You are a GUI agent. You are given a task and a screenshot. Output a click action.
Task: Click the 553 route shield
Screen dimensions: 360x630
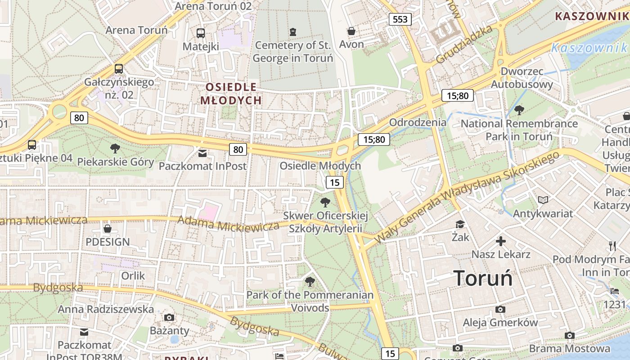click(x=400, y=19)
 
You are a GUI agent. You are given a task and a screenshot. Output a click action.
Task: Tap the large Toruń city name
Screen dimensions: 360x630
click(x=483, y=278)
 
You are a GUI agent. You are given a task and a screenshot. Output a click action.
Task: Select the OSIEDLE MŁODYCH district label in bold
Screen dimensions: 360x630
click(x=231, y=94)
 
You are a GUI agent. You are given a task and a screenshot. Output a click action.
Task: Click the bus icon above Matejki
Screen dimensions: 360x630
click(x=201, y=33)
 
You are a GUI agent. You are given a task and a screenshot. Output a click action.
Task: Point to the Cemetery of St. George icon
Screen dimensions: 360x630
click(x=293, y=31)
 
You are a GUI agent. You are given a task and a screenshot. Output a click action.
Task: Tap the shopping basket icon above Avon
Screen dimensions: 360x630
click(x=351, y=31)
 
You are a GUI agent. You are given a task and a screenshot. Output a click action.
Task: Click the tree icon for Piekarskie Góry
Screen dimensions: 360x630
click(x=115, y=148)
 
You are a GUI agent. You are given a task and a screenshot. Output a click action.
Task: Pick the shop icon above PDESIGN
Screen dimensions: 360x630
click(x=108, y=229)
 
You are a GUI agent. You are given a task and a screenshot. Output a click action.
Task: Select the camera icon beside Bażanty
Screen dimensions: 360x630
click(x=169, y=318)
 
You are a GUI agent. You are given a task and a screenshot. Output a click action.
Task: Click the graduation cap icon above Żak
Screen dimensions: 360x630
click(x=460, y=224)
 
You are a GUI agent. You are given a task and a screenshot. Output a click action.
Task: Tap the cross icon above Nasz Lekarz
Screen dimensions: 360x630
click(x=501, y=241)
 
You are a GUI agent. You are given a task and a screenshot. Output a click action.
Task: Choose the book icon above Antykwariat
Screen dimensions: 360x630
click(x=543, y=200)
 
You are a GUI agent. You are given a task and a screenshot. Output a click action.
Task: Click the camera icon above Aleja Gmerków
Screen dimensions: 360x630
click(x=500, y=310)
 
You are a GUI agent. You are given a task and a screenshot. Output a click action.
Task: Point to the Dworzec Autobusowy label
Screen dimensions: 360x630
click(x=522, y=78)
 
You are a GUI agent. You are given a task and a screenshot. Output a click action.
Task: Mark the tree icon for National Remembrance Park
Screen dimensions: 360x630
click(x=519, y=110)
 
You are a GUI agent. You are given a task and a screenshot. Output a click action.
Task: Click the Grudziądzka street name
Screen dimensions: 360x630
click(x=464, y=45)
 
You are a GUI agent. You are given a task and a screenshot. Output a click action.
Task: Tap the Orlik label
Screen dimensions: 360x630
click(x=133, y=275)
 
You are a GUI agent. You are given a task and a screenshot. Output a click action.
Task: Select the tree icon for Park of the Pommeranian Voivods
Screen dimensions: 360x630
click(x=310, y=282)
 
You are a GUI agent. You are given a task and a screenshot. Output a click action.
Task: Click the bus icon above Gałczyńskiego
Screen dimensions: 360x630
click(x=119, y=69)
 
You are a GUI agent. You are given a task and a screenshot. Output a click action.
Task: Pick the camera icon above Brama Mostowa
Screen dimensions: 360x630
click(x=570, y=335)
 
